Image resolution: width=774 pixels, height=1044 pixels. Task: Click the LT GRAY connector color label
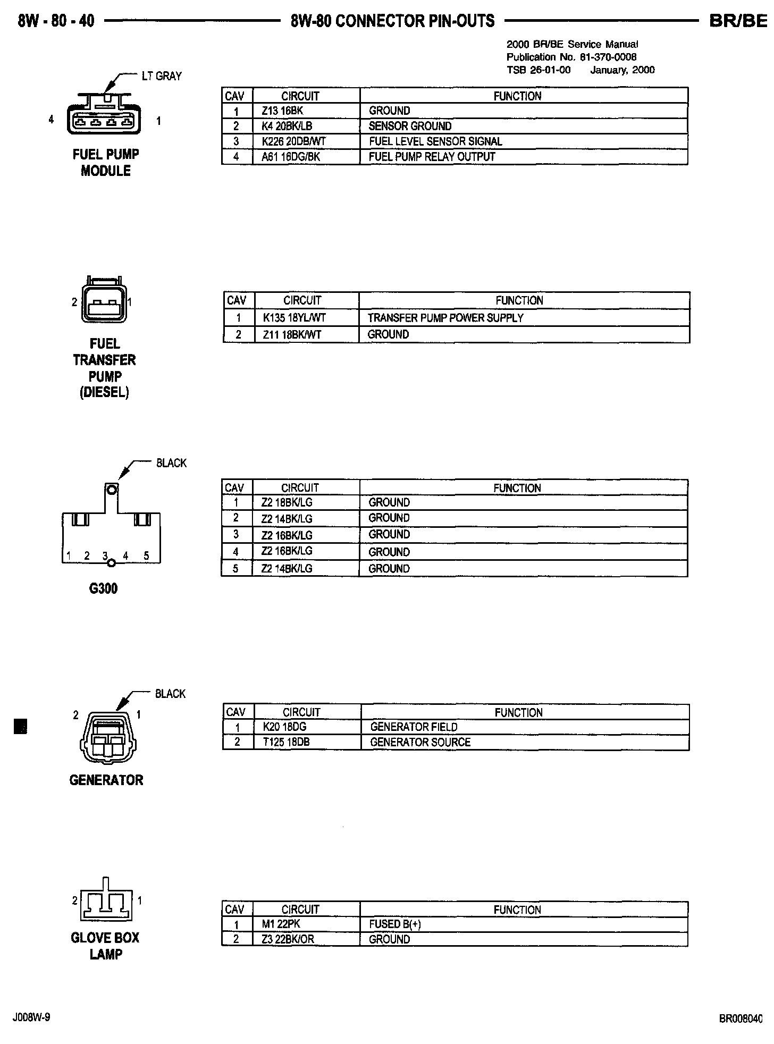[162, 76]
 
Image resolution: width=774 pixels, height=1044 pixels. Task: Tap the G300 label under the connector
[104, 588]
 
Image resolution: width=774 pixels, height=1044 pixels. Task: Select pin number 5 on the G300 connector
[146, 556]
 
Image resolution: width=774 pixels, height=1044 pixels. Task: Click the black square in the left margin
[20, 726]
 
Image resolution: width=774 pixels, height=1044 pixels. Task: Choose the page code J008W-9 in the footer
[32, 1017]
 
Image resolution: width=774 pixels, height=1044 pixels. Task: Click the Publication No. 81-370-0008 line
[571, 57]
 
